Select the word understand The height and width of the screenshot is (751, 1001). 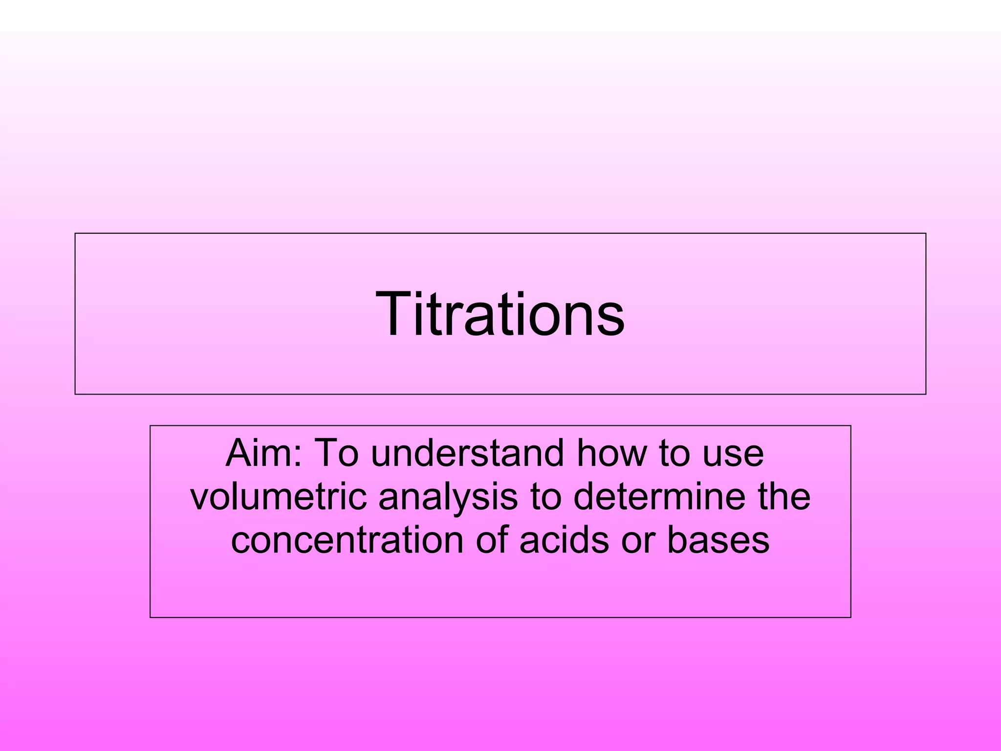(467, 453)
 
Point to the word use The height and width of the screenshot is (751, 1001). (733, 453)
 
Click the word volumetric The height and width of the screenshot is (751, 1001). (279, 497)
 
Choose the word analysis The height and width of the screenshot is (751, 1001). (448, 497)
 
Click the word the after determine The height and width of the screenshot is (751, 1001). (784, 497)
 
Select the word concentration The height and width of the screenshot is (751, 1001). (347, 540)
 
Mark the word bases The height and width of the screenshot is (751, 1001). (718, 540)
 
